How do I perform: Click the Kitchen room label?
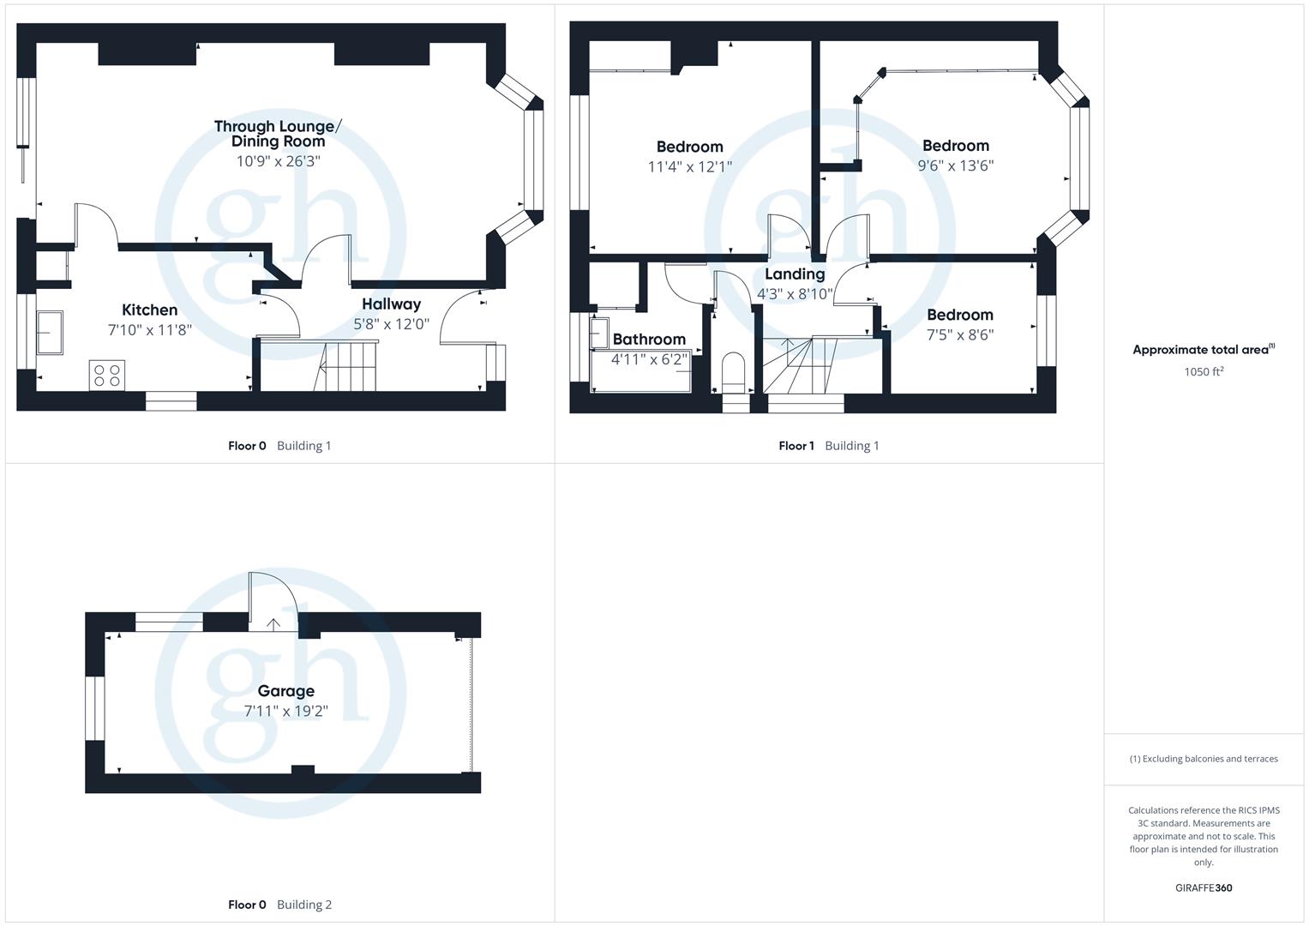point(149,310)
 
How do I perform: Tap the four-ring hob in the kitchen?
point(107,376)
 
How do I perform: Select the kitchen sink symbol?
point(50,332)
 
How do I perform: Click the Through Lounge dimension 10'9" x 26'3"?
point(278,161)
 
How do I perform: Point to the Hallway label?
point(391,304)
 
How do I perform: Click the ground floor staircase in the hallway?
point(347,366)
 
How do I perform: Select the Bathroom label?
point(649,340)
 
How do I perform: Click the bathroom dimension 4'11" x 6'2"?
point(649,359)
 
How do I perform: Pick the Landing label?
point(795,274)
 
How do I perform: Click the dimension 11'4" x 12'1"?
point(689,166)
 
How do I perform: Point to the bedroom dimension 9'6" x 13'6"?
point(955,165)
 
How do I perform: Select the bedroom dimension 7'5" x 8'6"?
point(959,335)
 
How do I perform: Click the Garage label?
point(285,691)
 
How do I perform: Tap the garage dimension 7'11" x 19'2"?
point(285,711)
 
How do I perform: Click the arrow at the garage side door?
point(273,623)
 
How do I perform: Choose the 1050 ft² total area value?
point(1203,372)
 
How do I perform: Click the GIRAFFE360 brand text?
point(1203,888)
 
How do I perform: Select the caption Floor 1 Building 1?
point(828,446)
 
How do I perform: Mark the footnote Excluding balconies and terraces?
point(1203,759)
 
